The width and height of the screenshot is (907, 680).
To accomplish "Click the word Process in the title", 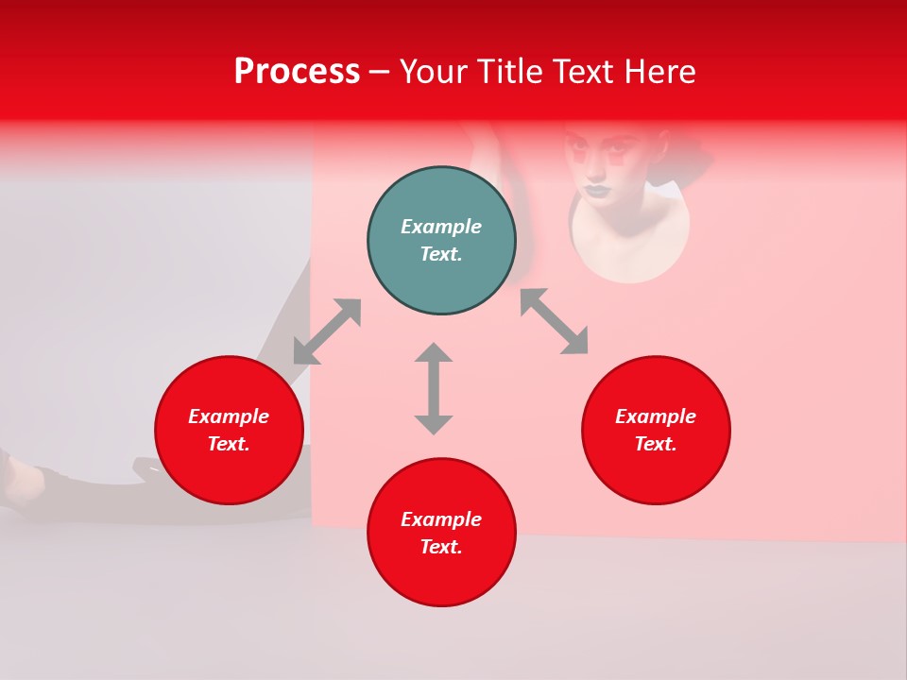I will click(297, 72).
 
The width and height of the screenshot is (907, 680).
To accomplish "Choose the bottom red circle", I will click(441, 576).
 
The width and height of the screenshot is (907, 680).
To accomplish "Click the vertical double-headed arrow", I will click(434, 388).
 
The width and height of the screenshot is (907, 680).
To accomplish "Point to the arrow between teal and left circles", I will click(327, 331).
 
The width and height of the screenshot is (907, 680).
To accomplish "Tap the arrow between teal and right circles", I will click(554, 321).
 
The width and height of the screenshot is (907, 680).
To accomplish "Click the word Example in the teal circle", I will click(441, 227).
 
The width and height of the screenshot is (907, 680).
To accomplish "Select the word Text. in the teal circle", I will click(441, 254).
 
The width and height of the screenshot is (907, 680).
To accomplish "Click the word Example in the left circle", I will click(229, 416).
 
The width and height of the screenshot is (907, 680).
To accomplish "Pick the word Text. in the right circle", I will click(656, 444).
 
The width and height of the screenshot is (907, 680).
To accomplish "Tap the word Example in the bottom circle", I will click(441, 519).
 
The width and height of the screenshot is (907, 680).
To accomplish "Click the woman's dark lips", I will click(596, 189).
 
